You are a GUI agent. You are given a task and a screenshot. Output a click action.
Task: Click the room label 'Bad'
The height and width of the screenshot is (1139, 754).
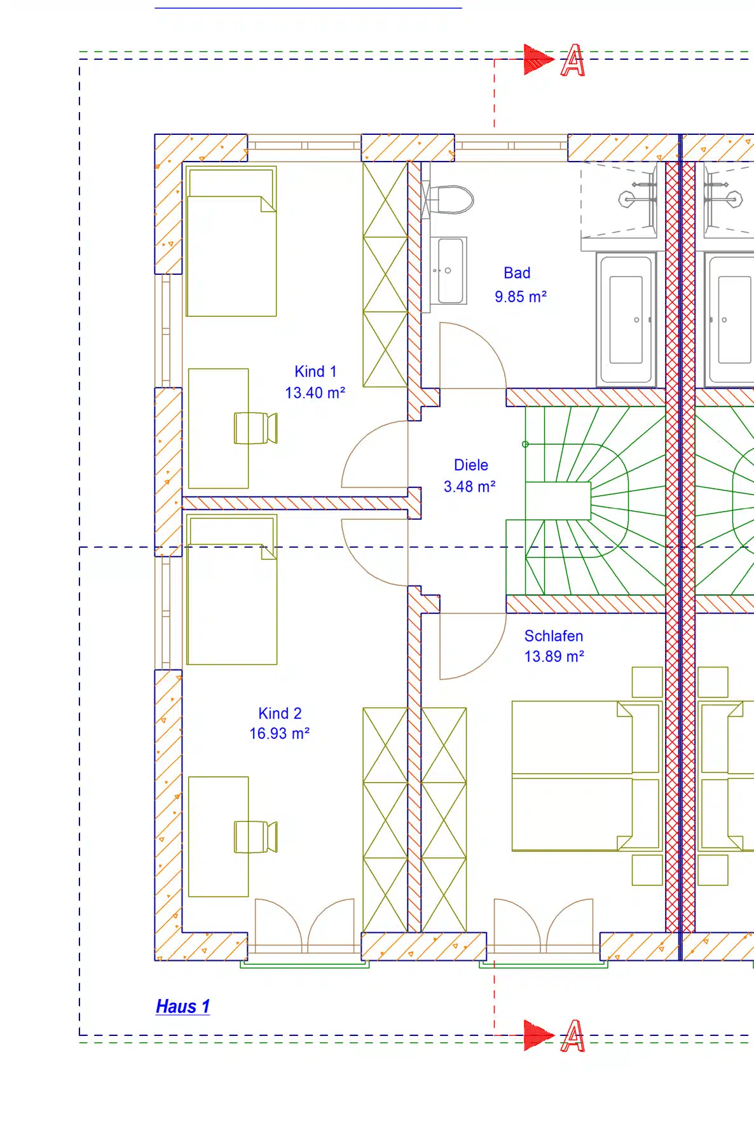coord(517,273)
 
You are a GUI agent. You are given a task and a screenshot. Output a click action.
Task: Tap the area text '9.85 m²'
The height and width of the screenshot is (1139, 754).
coord(521,297)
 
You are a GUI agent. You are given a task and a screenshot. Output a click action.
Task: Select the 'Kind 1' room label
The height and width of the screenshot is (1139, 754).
coord(315,372)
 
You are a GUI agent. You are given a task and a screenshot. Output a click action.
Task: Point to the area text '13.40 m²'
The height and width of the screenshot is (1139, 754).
coord(315,393)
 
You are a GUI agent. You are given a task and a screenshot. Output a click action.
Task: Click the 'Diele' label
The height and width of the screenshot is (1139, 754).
coord(471,465)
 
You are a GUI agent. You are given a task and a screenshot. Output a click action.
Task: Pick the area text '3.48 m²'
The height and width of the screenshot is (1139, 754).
coord(469,487)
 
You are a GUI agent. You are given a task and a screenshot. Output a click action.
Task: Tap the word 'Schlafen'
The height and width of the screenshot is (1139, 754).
coord(554,636)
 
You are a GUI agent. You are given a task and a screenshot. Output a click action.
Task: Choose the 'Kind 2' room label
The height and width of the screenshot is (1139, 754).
coord(280,713)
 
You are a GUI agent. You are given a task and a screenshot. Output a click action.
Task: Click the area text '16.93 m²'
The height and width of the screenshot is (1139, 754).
coord(279,734)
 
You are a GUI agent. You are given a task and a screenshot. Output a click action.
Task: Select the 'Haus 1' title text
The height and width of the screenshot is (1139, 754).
coord(182,1007)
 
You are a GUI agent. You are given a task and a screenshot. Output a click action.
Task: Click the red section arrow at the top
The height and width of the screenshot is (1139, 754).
coord(539,59)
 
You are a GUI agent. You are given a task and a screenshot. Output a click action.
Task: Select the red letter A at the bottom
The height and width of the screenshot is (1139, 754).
coord(572,1036)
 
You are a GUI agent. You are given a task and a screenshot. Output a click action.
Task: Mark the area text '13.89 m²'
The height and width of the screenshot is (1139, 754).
coord(554,656)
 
